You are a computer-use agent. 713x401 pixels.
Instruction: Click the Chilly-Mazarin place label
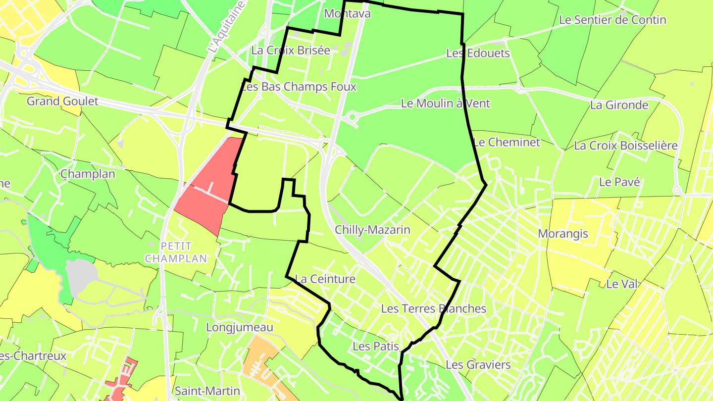[x=372, y=230]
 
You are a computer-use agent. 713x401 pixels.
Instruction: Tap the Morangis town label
[x=562, y=233]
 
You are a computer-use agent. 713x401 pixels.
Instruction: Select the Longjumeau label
[x=239, y=327]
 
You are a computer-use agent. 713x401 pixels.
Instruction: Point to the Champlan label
[x=88, y=174]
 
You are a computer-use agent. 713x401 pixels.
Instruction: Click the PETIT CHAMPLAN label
[x=176, y=252]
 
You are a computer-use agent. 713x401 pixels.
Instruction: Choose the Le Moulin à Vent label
[x=445, y=103]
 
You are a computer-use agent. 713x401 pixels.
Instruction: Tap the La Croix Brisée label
[x=290, y=50]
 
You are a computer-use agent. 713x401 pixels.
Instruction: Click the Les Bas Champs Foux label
[x=299, y=87]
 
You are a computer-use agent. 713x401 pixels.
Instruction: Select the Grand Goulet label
[x=62, y=101]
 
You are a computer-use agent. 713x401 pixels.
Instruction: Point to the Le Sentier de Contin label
[x=612, y=20]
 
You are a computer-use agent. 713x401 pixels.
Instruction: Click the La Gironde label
[x=619, y=105]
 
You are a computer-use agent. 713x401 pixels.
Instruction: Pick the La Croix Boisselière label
[x=625, y=146]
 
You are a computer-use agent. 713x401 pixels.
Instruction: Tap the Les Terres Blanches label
[x=433, y=308]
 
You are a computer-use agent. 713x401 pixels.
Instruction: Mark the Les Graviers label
[x=478, y=365]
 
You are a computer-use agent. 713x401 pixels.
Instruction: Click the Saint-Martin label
[x=207, y=391]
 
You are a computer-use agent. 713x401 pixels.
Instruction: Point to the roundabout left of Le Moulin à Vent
[x=352, y=117]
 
